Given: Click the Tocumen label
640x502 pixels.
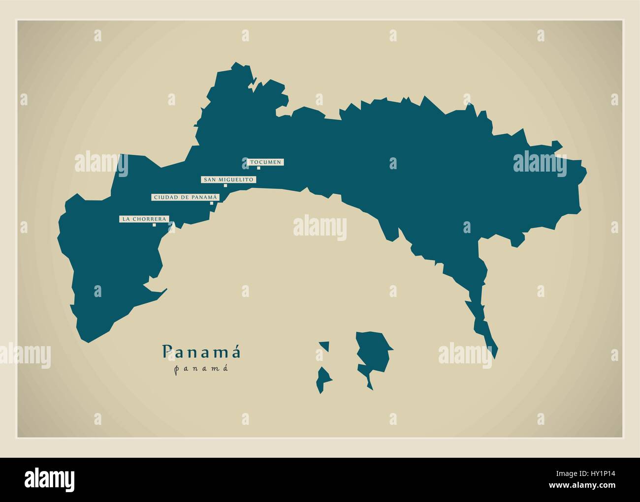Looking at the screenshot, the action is [x=266, y=162].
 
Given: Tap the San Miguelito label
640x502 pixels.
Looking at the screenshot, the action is [x=228, y=179].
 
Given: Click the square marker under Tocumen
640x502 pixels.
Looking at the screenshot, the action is [x=258, y=168].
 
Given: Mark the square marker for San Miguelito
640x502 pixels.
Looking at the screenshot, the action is [x=225, y=186].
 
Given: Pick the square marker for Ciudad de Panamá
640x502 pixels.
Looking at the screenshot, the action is [x=212, y=203].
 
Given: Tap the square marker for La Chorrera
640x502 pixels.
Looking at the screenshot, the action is [x=154, y=225].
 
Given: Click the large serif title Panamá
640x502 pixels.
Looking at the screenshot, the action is [x=202, y=352].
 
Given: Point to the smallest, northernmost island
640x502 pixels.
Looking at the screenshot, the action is [x=324, y=346].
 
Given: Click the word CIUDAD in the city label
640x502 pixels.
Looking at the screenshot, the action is [x=163, y=197].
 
